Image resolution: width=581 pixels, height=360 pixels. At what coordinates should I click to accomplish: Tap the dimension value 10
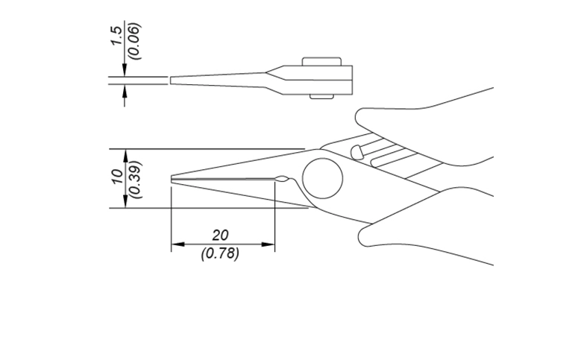click(x=116, y=177)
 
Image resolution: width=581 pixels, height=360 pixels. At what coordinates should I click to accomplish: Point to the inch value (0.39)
click(x=135, y=177)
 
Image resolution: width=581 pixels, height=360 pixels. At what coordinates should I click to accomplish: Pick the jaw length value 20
click(x=220, y=235)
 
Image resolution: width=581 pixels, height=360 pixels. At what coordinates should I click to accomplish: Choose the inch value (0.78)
click(x=220, y=253)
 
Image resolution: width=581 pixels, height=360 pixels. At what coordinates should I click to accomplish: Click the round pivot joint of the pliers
click(x=322, y=179)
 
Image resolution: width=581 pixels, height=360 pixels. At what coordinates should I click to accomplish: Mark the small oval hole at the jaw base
click(x=282, y=179)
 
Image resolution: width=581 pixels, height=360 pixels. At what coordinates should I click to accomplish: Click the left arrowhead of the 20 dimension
click(x=177, y=244)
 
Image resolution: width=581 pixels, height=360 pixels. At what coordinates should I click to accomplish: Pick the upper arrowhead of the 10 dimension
click(x=125, y=154)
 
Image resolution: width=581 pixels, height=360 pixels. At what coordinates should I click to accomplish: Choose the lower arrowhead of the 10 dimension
click(x=125, y=203)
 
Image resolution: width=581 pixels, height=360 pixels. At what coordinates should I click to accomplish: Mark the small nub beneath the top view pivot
click(x=321, y=95)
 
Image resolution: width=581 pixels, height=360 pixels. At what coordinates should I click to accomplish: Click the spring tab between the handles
click(x=357, y=151)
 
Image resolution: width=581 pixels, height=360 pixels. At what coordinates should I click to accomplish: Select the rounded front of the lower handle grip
click(x=363, y=237)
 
